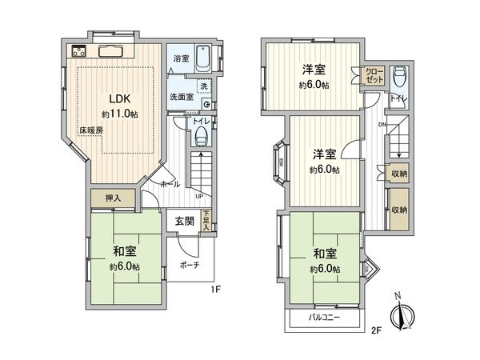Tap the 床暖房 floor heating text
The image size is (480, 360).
point(90,129)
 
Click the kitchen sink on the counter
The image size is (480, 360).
point(109,50)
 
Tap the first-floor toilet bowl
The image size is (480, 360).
point(201,134)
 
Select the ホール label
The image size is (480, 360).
point(170,183)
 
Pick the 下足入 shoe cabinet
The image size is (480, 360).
point(206,221)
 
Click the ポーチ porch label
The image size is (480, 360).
point(190,264)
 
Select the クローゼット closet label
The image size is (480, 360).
point(375,75)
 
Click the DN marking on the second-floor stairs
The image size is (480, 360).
point(382,125)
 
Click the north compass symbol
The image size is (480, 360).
point(402,313)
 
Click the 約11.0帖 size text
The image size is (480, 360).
point(123,115)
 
